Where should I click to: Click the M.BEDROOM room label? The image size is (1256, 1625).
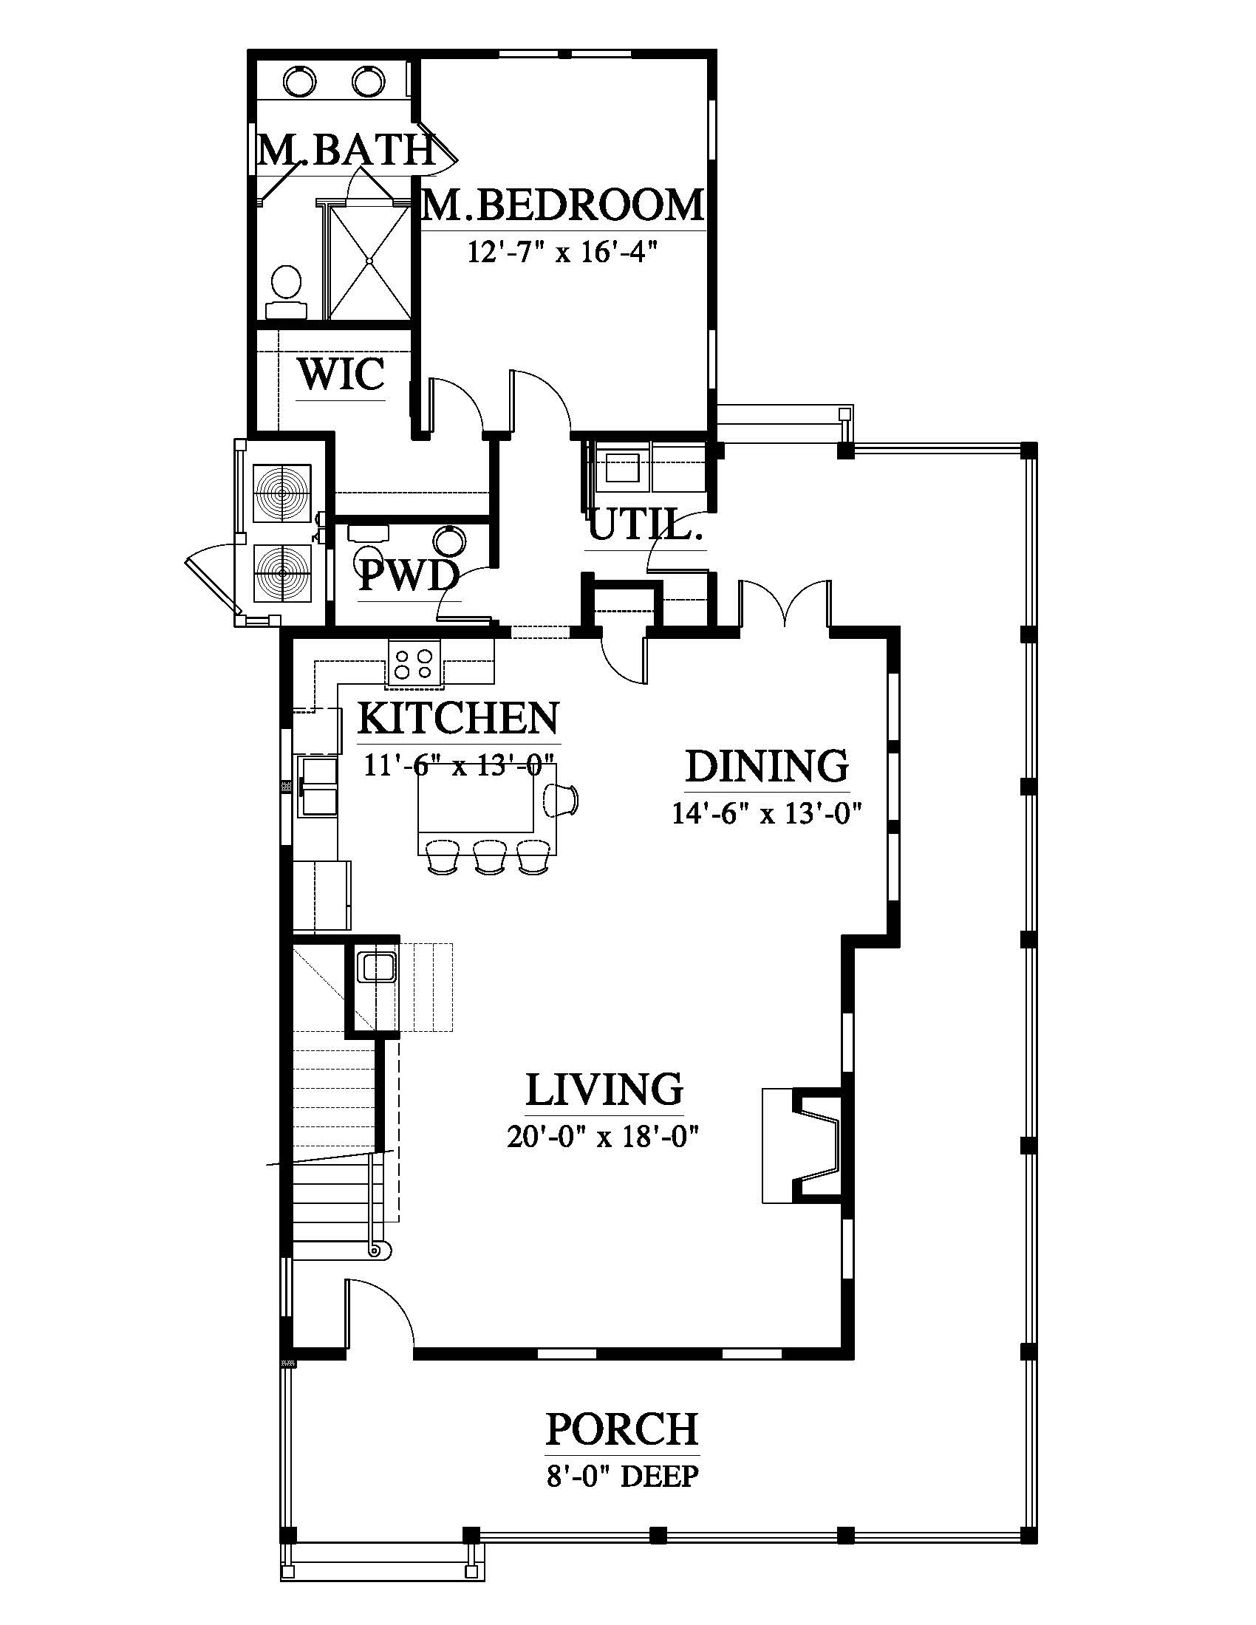click(562, 205)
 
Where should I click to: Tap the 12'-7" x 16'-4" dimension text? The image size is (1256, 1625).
click(564, 253)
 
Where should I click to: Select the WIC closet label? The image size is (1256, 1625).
click(341, 374)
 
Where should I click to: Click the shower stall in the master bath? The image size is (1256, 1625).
click(369, 263)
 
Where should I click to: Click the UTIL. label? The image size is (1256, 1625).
click(646, 526)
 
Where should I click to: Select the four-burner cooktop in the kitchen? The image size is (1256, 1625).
click(414, 663)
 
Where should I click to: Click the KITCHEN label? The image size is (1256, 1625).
click(458, 718)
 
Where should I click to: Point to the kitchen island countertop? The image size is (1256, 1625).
click(477, 807)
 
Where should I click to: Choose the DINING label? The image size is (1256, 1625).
click(766, 766)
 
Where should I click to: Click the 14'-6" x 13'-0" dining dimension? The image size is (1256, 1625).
click(766, 814)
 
